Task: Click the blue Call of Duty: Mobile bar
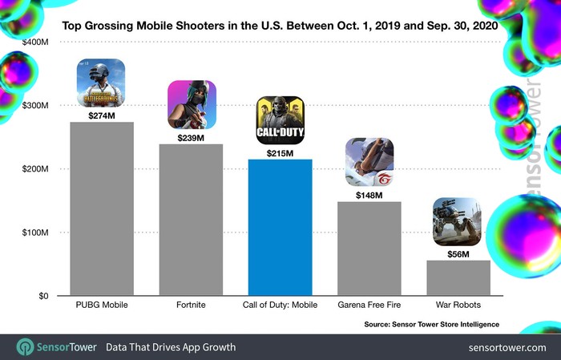pos(280,228)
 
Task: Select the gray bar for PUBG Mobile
pos(102,209)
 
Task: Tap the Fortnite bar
pos(191,220)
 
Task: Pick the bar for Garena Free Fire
pos(369,249)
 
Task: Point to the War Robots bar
pos(458,277)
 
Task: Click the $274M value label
pos(102,115)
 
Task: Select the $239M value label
pos(191,137)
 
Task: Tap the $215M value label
pos(280,152)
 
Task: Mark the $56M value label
pos(458,253)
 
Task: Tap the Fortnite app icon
pos(191,105)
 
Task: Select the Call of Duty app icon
pos(280,120)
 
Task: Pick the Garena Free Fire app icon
pos(369,161)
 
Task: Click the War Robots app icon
pos(458,221)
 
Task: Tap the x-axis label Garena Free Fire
pos(369,305)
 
